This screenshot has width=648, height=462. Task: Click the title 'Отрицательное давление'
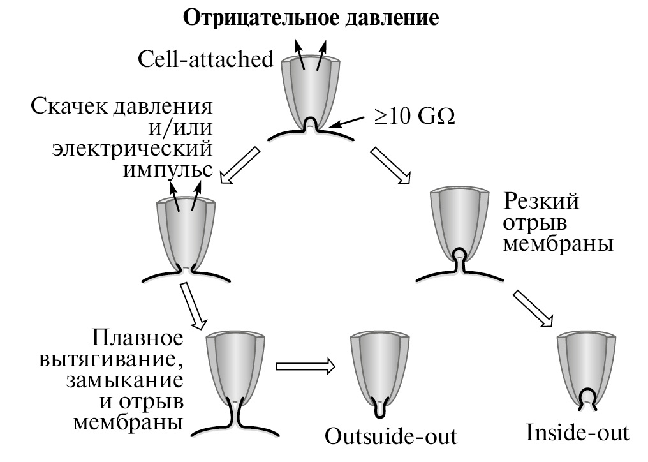312,17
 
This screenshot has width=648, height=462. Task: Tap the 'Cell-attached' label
205,60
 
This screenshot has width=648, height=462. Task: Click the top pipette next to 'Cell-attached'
313,89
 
